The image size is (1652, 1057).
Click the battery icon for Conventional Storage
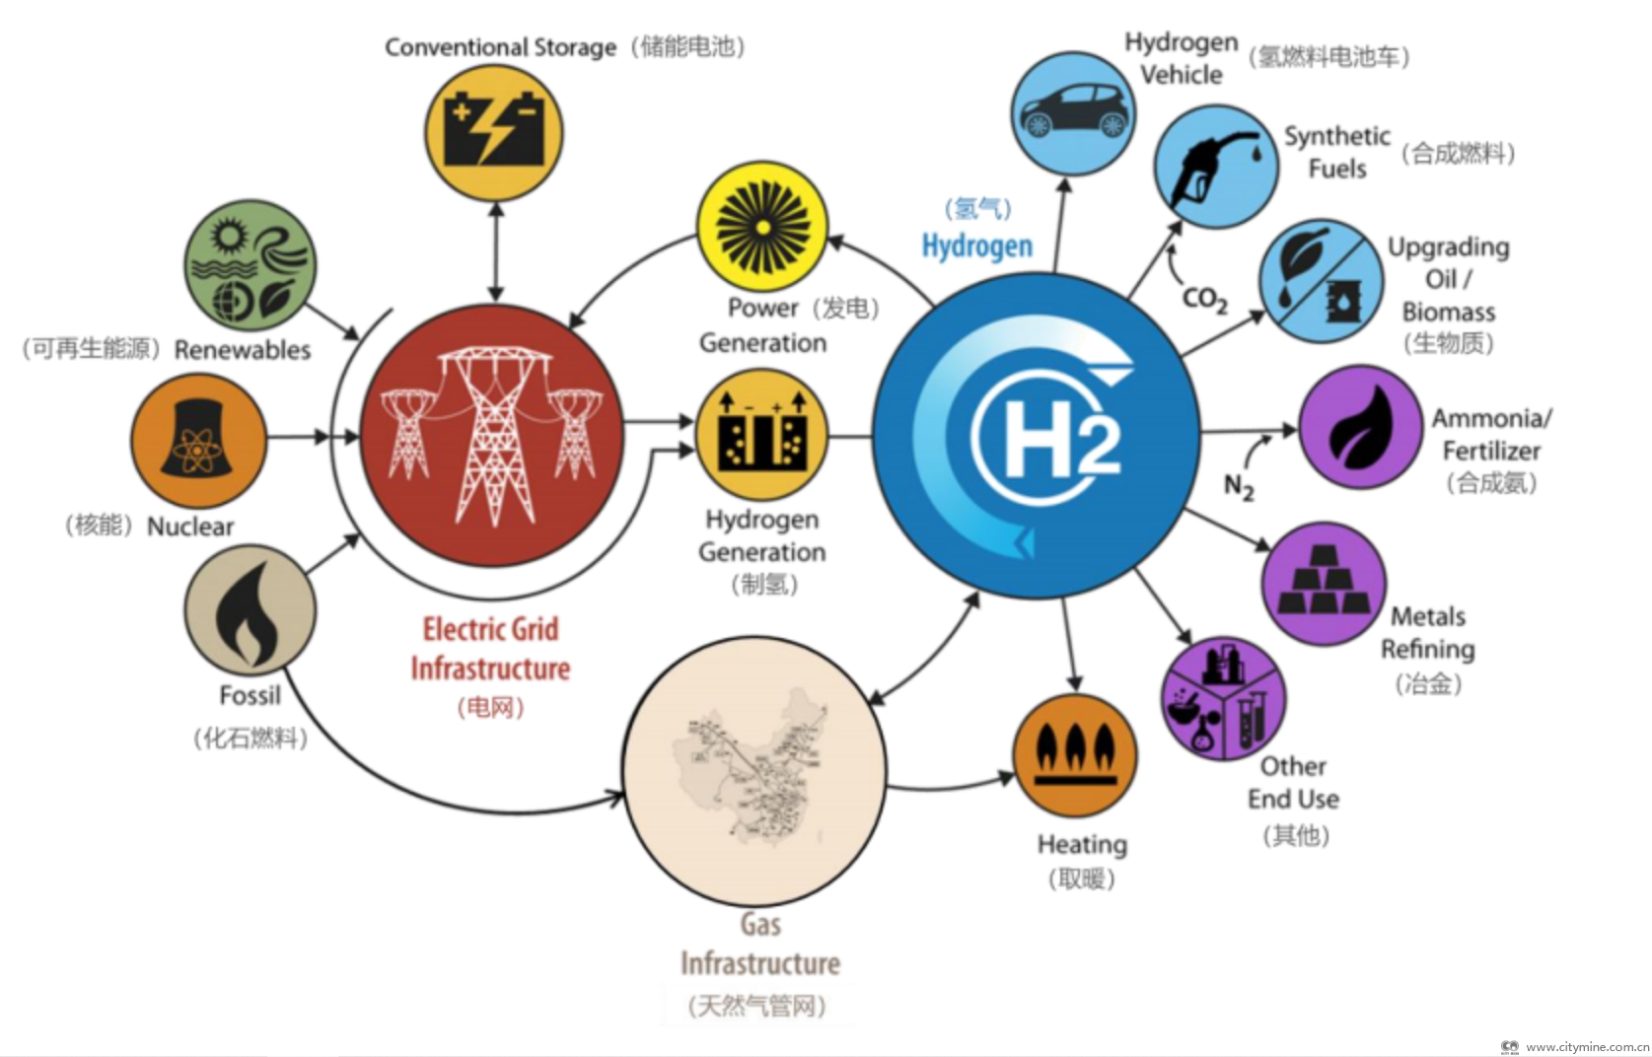tap(493, 132)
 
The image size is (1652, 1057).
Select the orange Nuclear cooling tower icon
tap(198, 440)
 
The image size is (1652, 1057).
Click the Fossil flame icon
tap(250, 610)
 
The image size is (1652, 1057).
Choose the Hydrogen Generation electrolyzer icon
tap(761, 435)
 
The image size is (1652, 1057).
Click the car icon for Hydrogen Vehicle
tap(1072, 113)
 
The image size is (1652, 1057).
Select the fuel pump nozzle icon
tap(1215, 167)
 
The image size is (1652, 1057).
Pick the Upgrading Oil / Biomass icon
tap(1321, 282)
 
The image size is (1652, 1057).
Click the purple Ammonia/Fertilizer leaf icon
tap(1360, 427)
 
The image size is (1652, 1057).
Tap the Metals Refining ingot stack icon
tap(1324, 585)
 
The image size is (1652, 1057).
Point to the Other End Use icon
tap(1224, 699)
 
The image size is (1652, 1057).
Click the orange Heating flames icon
tap(1075, 755)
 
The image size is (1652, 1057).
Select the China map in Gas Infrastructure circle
tap(754, 769)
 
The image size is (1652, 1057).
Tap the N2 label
tap(1239, 486)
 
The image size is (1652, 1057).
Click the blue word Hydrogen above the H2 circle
tap(976, 246)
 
